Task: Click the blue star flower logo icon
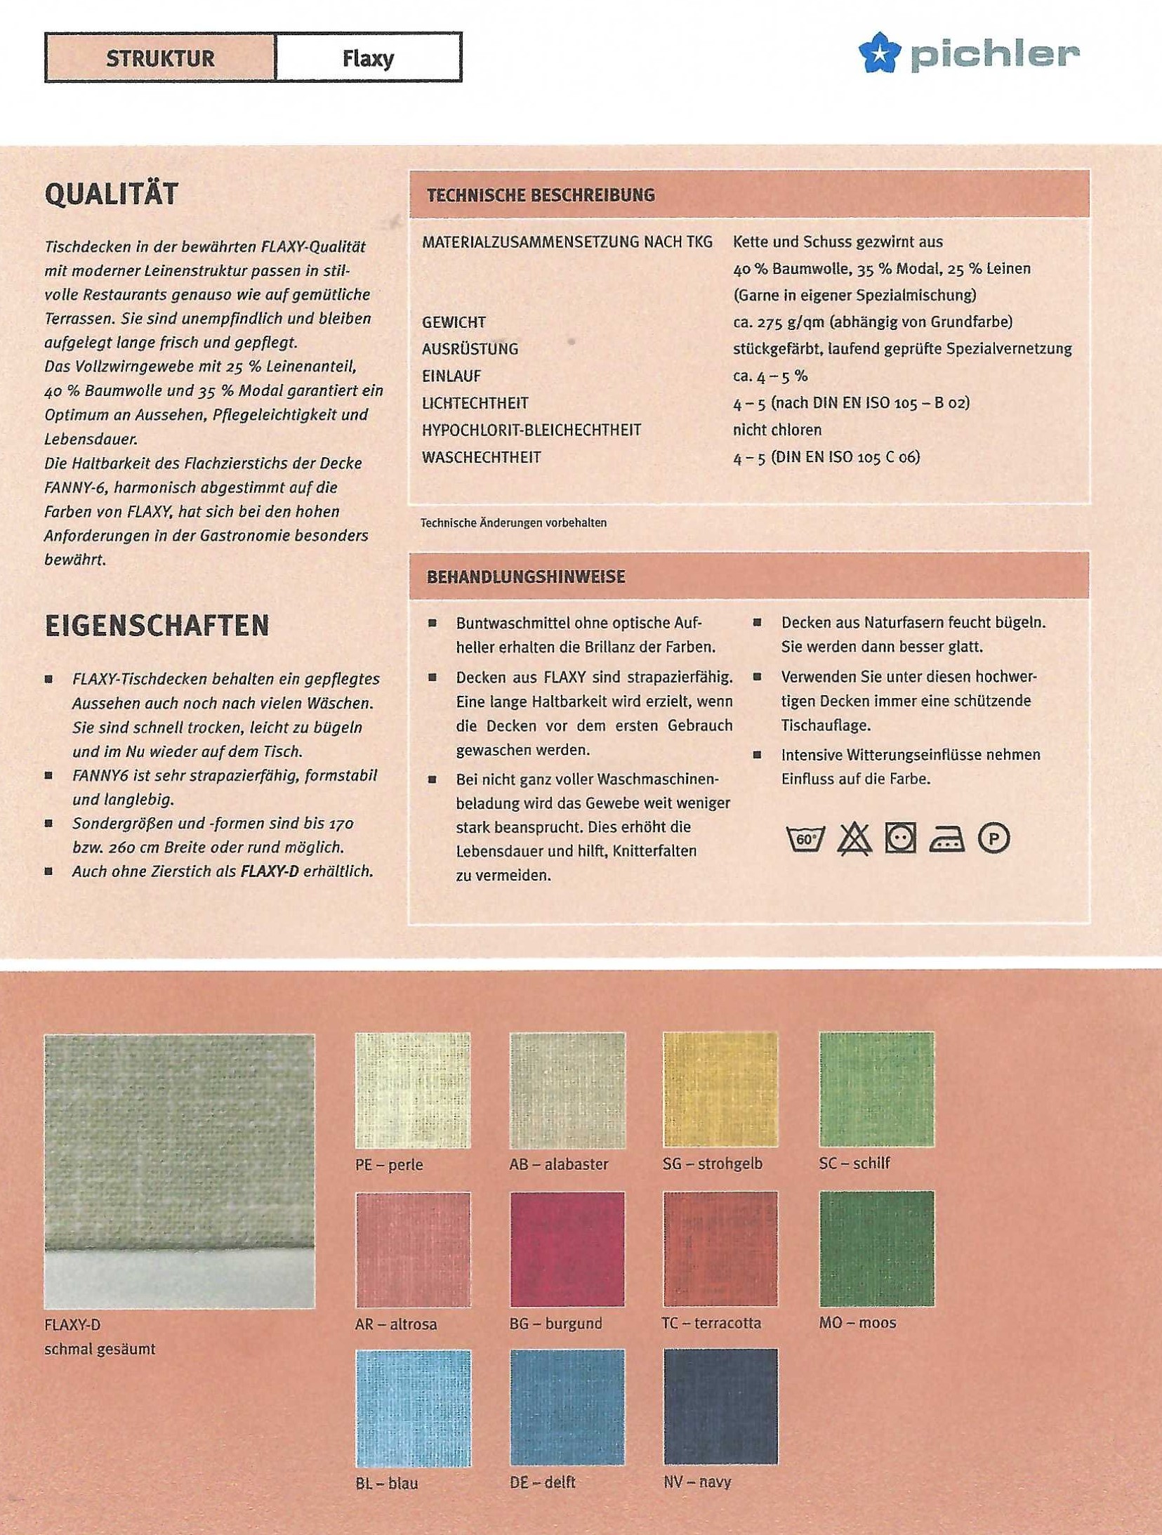point(880,53)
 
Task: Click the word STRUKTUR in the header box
point(160,58)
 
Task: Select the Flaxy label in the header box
point(368,58)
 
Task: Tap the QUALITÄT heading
point(112,195)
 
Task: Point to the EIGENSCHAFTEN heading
point(157,626)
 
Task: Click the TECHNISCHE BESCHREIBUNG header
point(541,195)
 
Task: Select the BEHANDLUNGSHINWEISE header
point(526,577)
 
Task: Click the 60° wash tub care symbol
point(805,838)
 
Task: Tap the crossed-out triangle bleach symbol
point(854,838)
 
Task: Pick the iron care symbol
point(946,838)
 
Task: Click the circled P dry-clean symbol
point(993,838)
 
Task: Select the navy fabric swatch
point(720,1406)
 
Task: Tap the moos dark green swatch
point(876,1249)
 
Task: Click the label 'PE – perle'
point(389,1164)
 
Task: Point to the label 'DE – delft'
point(542,1482)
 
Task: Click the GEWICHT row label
point(454,322)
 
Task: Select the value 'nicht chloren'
point(777,430)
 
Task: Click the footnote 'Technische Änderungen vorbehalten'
point(513,523)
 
